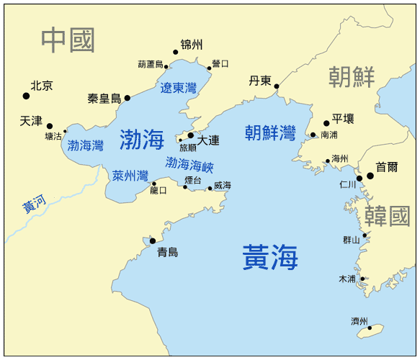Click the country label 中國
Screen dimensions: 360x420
[x=68, y=40]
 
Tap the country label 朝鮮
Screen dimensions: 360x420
[x=352, y=76]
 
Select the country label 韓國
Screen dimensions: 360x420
[x=386, y=216]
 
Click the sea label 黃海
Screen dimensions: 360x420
[x=270, y=257]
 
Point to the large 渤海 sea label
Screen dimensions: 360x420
[x=142, y=138]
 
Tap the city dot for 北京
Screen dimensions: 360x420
[x=27, y=96]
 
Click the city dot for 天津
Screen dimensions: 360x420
[x=50, y=126]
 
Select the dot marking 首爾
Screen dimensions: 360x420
[x=370, y=176]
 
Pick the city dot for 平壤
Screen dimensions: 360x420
[x=326, y=123]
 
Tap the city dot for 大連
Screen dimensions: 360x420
[x=191, y=135]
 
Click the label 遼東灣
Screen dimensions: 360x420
[x=179, y=89]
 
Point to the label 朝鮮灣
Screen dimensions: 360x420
[x=270, y=132]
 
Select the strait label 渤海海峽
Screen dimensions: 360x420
[x=189, y=165]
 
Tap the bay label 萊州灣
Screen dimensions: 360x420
[x=130, y=176]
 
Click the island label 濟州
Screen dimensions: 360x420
[x=359, y=321]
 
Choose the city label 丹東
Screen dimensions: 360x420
[x=259, y=81]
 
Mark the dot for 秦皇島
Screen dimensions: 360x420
[x=128, y=98]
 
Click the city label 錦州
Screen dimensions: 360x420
[x=192, y=45]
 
